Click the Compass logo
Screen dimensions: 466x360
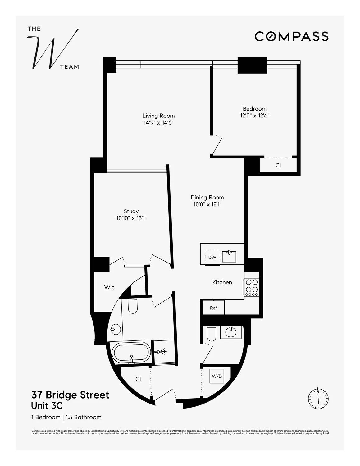pyautogui.click(x=291, y=36)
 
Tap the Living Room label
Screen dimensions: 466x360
pyautogui.click(x=158, y=116)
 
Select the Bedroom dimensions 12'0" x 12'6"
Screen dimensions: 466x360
pyautogui.click(x=254, y=116)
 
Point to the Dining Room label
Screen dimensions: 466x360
pyautogui.click(x=207, y=197)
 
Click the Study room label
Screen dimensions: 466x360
pyautogui.click(x=131, y=211)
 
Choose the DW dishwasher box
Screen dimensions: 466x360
pyautogui.click(x=212, y=257)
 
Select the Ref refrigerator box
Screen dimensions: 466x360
pyautogui.click(x=213, y=308)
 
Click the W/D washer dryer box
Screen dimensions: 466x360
pyautogui.click(x=217, y=376)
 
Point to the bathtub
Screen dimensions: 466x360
pyautogui.click(x=131, y=352)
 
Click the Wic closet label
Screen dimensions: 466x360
pyautogui.click(x=109, y=287)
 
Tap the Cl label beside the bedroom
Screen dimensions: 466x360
pyautogui.click(x=278, y=165)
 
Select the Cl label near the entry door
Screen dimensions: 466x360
pyautogui.click(x=138, y=379)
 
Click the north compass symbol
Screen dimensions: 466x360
pyautogui.click(x=318, y=398)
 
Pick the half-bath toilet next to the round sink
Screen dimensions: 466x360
pyautogui.click(x=212, y=334)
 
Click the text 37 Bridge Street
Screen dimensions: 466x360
pyautogui.click(x=70, y=395)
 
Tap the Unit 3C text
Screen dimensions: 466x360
pyautogui.click(x=47, y=406)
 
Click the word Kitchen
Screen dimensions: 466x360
pyautogui.click(x=222, y=282)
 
